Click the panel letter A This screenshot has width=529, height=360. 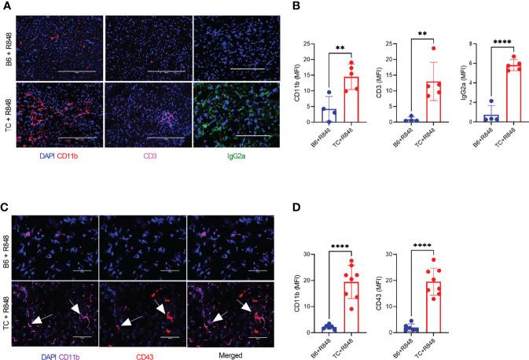pos(5,6)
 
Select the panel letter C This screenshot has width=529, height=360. pos(5,187)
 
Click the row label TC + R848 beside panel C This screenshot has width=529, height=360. pos(8,290)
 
